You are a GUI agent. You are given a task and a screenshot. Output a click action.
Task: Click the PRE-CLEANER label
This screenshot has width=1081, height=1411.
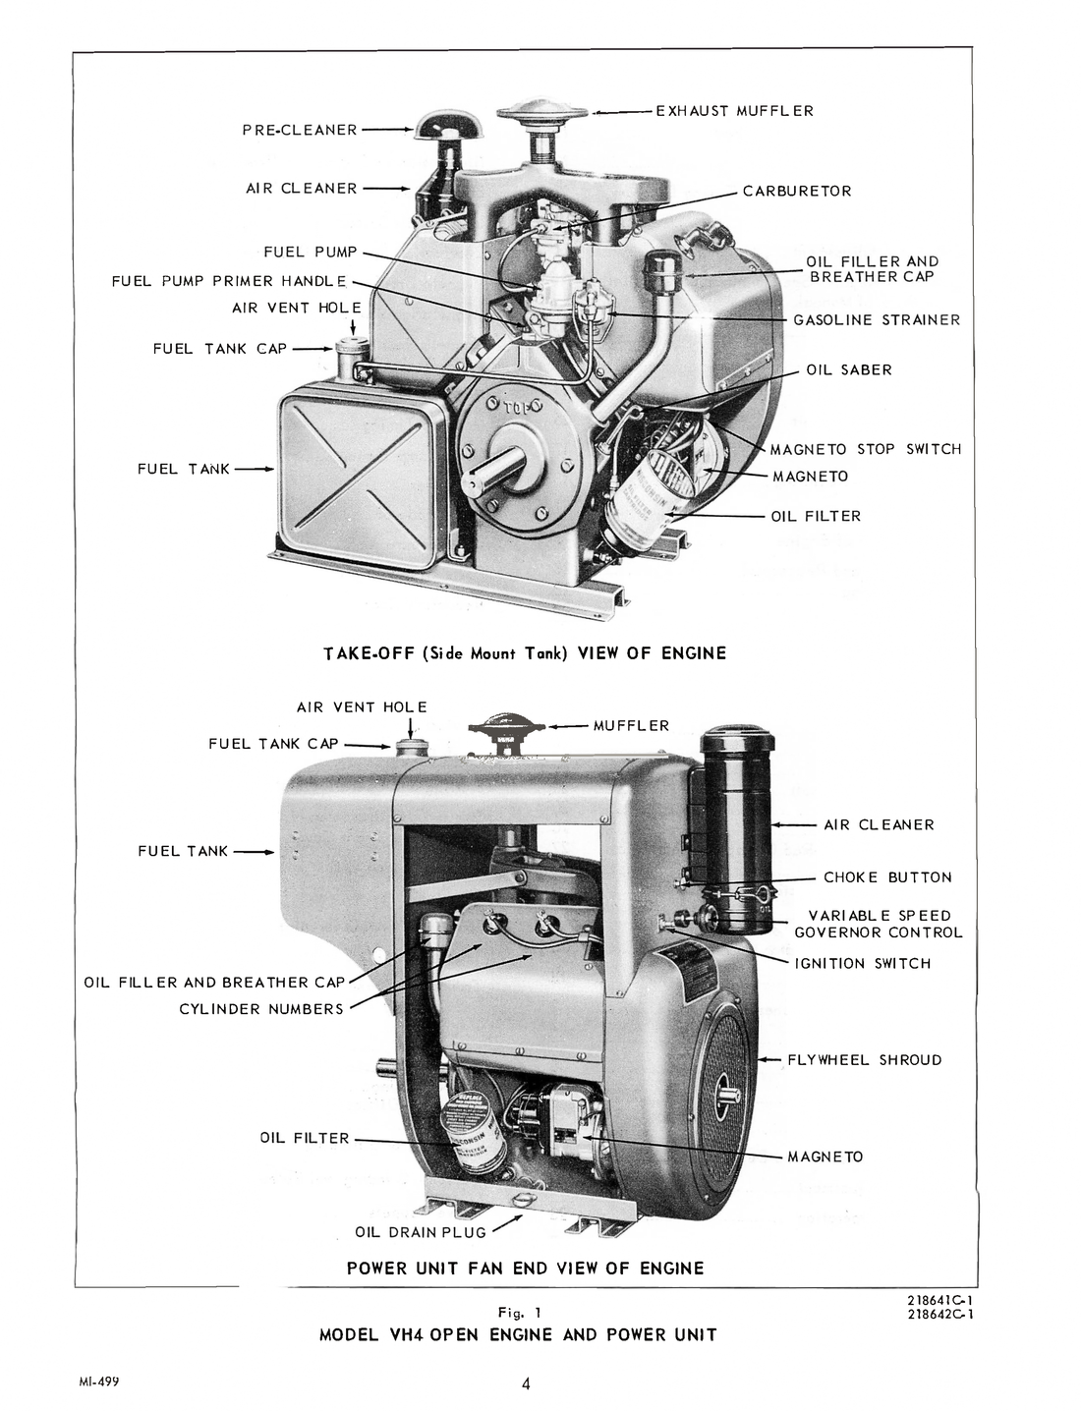300,130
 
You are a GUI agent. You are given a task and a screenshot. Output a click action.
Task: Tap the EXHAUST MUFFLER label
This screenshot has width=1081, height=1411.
735,111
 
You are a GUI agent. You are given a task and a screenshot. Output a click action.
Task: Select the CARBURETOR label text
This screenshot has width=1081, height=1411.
797,192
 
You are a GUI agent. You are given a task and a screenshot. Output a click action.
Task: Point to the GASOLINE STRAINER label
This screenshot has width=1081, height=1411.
877,320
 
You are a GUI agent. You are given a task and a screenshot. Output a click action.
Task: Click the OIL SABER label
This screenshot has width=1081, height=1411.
849,370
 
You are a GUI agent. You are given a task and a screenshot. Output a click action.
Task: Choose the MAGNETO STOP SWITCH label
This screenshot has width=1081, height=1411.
865,449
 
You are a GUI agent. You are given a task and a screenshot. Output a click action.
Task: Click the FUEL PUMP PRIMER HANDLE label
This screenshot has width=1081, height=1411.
229,281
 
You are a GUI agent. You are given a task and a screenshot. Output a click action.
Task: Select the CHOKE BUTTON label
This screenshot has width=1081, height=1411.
887,877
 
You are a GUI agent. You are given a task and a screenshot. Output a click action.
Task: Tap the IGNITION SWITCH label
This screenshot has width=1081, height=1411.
862,964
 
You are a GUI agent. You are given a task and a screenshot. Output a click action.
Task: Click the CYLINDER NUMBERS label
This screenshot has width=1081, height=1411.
261,1009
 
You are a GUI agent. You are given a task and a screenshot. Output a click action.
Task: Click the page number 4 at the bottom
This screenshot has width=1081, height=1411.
527,1384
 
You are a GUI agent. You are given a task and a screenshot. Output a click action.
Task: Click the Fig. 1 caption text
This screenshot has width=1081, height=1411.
521,1312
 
